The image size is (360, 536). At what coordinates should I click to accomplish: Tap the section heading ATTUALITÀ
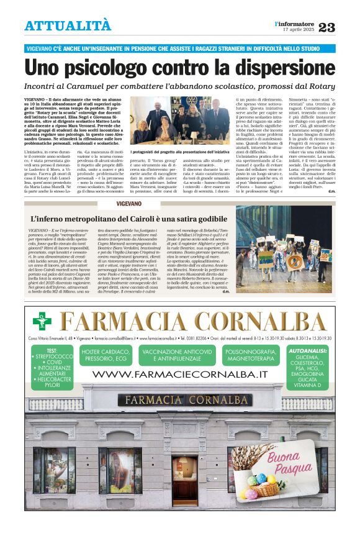pos(68,25)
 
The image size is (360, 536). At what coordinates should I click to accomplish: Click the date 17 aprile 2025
pos(299,30)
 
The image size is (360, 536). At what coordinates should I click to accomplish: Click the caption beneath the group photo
pos(180,151)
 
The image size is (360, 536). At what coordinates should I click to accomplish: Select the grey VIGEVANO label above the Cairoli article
pos(130,204)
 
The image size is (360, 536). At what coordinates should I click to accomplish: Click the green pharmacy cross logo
pos(42,320)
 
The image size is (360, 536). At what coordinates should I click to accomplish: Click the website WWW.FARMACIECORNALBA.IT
pos(179,375)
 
